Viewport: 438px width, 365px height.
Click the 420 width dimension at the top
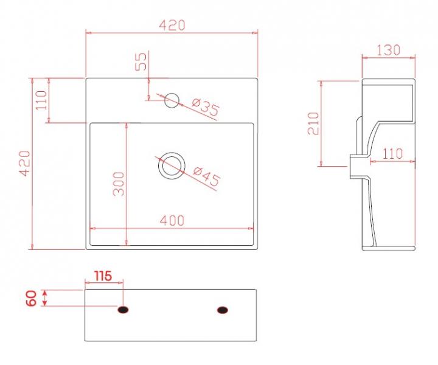(x=172, y=25)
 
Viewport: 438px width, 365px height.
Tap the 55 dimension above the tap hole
(x=141, y=61)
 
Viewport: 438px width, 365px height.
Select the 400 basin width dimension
(x=172, y=221)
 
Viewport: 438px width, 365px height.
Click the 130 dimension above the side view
(x=388, y=50)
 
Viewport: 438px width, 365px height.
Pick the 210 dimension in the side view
(x=313, y=123)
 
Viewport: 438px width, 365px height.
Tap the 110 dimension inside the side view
(x=392, y=154)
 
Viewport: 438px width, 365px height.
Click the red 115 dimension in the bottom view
(x=102, y=276)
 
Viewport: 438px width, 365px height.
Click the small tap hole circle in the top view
(x=172, y=99)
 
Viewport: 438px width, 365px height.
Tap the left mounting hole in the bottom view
(x=123, y=310)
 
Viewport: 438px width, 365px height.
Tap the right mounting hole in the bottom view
(x=223, y=310)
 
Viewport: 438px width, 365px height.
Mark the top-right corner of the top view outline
(x=258, y=78)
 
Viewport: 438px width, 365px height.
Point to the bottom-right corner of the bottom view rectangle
(x=258, y=341)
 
